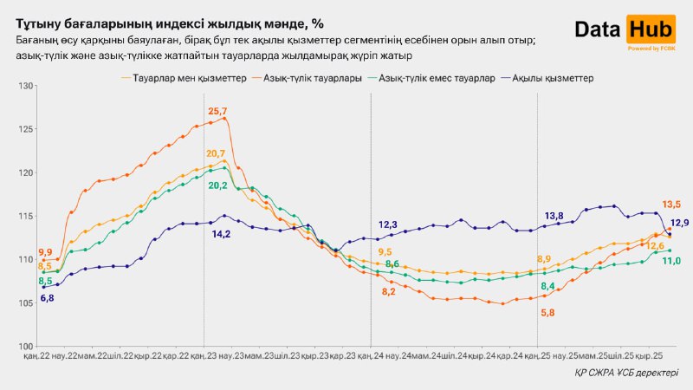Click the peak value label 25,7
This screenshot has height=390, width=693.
[x=217, y=112]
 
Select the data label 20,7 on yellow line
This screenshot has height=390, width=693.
[x=216, y=153]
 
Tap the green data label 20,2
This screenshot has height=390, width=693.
[x=217, y=185]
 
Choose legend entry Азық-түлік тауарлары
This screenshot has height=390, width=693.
[x=301, y=78]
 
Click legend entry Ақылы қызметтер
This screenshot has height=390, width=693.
[x=553, y=78]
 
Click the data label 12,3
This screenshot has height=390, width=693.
[x=388, y=224]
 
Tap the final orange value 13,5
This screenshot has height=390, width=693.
[x=671, y=205]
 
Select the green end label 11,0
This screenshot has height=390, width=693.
[x=671, y=261]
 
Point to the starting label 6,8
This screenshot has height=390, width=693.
[x=47, y=298]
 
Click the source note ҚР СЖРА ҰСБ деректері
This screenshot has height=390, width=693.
[x=622, y=373]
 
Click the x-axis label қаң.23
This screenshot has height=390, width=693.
[x=204, y=356]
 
